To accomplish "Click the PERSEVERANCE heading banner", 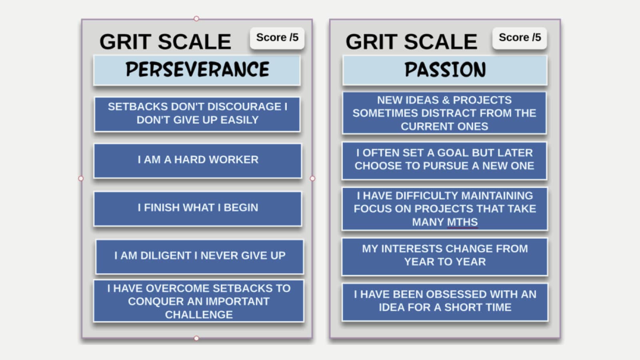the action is click(x=197, y=70).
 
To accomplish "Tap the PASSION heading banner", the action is click(x=445, y=70).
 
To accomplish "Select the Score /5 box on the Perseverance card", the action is click(x=277, y=38).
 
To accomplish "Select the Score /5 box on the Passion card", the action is click(x=520, y=38).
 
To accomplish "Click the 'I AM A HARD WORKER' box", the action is click(x=198, y=161).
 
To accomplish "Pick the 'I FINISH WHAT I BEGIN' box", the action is click(x=198, y=209).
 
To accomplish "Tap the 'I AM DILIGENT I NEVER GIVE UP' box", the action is click(x=200, y=256).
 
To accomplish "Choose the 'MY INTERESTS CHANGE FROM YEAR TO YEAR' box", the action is click(x=444, y=256).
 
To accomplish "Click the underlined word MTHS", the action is click(x=462, y=222).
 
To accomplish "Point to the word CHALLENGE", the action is click(x=199, y=314).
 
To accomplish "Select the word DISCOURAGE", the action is click(x=244, y=106).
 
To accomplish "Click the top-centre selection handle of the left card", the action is click(x=196, y=18).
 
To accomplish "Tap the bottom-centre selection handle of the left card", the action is click(x=196, y=338).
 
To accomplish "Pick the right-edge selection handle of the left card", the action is click(x=312, y=178).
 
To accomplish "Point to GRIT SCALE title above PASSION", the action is click(x=412, y=42).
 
